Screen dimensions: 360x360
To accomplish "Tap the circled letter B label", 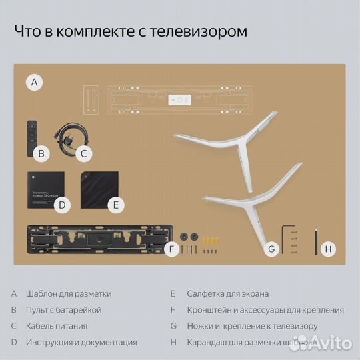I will [x=41, y=153].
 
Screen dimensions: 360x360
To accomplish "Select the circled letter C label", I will [x=83, y=153].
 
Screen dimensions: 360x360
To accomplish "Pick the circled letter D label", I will [x=61, y=205].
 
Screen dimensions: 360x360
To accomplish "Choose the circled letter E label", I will [x=115, y=205].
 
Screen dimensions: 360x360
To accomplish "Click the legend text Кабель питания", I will [x=57, y=327].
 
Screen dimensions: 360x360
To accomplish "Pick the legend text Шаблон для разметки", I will [x=69, y=293].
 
